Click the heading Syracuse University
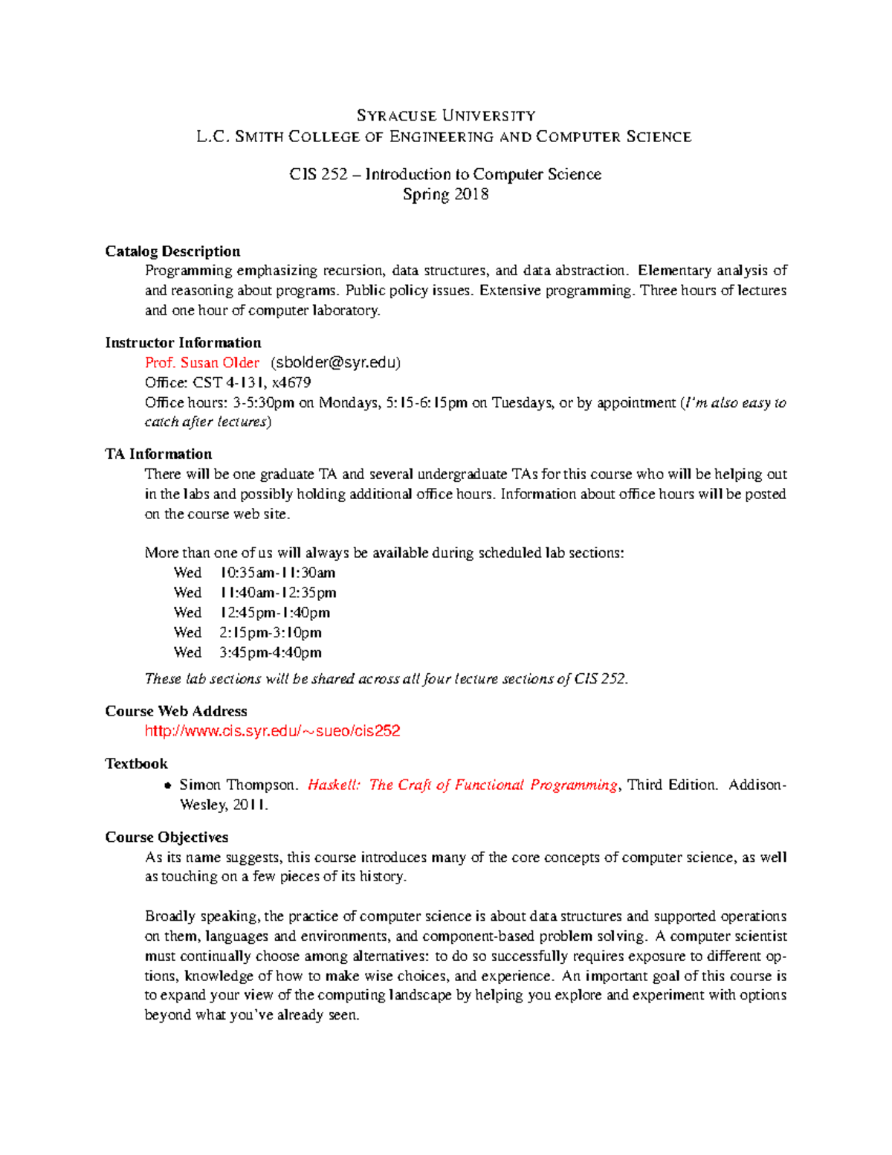click(x=446, y=115)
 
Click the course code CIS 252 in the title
click(x=318, y=174)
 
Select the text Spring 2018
click(x=445, y=194)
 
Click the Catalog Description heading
click(x=172, y=251)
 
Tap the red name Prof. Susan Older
click(x=202, y=362)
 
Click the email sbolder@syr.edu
click(x=336, y=362)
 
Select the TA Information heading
click(x=158, y=454)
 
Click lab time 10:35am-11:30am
click(x=277, y=573)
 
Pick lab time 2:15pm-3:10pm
click(x=271, y=632)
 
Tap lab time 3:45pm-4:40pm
click(x=271, y=652)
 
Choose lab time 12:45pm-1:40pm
click(x=274, y=613)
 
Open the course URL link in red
click(x=272, y=731)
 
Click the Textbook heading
click(x=136, y=764)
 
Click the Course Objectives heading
click(x=167, y=837)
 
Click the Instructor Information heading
click(x=183, y=342)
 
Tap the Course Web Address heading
click(x=176, y=711)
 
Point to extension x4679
click(x=292, y=382)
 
